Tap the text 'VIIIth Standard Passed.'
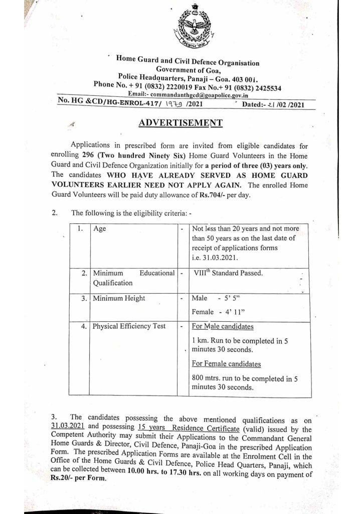pos(229,274)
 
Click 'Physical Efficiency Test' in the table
pos(129,326)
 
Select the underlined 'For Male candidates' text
pos(223,326)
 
